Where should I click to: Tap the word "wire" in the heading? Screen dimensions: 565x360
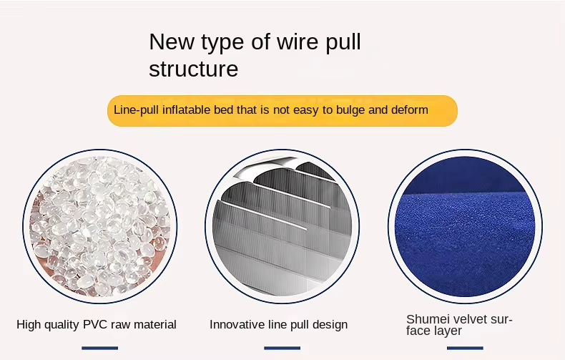click(x=298, y=42)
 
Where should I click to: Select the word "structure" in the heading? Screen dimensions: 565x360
click(x=194, y=69)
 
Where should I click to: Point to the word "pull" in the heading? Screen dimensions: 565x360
click(x=343, y=42)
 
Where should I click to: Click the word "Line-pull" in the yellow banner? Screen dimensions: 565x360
click(x=136, y=110)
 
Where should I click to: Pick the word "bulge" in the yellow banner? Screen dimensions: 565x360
click(x=350, y=110)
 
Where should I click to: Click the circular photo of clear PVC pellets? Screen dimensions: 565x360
click(x=100, y=226)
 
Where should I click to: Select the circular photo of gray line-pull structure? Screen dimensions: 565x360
click(x=282, y=226)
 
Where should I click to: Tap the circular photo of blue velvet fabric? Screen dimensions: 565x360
click(x=465, y=226)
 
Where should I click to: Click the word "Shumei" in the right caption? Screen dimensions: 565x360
click(x=428, y=319)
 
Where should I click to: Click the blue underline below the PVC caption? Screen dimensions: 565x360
click(x=100, y=348)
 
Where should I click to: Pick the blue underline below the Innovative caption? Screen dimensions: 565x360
click(x=282, y=348)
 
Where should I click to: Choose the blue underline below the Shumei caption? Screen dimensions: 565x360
click(x=465, y=348)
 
